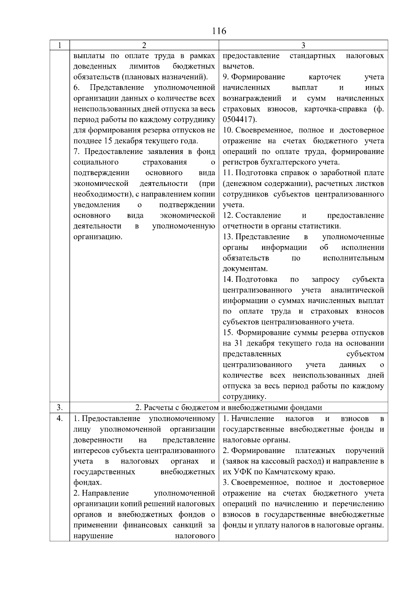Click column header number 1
click(60, 45)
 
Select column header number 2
click(144, 45)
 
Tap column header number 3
click(303, 45)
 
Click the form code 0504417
click(239, 119)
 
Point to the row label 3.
click(60, 407)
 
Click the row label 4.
click(60, 418)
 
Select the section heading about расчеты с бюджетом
click(229, 407)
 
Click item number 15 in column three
click(227, 333)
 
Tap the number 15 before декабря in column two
click(109, 141)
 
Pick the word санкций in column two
click(188, 525)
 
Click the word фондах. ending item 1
click(88, 483)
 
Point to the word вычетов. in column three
click(238, 67)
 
